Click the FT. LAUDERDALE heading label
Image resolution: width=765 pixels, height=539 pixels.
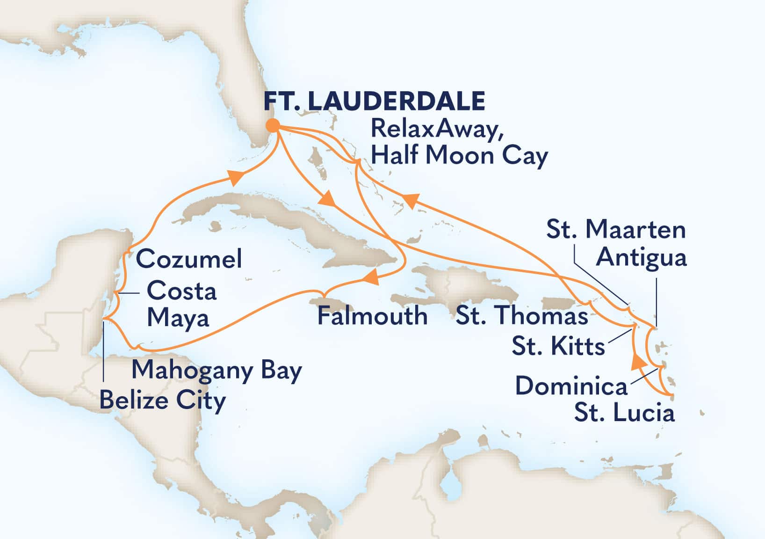click(x=375, y=101)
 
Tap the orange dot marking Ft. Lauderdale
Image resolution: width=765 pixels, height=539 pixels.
click(x=273, y=125)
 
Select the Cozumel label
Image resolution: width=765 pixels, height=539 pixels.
click(x=189, y=259)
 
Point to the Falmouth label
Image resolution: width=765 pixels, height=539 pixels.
click(x=372, y=316)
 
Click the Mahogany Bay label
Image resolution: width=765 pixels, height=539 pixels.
click(x=217, y=370)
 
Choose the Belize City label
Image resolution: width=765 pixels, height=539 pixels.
click(x=162, y=401)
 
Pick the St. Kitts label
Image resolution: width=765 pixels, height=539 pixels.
click(x=558, y=347)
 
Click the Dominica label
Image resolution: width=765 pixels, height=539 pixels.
click(x=571, y=386)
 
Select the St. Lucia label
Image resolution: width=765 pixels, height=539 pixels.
click(x=624, y=413)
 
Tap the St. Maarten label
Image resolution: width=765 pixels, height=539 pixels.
click(x=616, y=230)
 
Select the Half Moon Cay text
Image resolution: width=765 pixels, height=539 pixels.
click(x=459, y=156)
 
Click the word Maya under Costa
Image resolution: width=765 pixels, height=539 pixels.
click(x=178, y=318)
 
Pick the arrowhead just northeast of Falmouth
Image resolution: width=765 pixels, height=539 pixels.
click(x=370, y=278)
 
